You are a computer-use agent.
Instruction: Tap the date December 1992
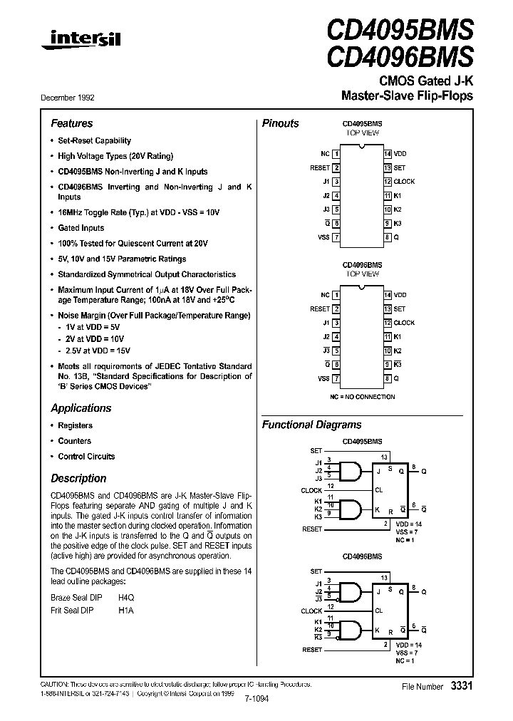72,96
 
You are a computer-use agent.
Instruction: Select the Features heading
71,123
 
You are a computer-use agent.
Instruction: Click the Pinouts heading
281,123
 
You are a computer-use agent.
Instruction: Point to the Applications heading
81,408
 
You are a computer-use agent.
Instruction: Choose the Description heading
78,478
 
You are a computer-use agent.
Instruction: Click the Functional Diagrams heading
311,425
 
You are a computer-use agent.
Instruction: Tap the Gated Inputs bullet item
81,228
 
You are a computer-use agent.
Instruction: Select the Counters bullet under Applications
74,441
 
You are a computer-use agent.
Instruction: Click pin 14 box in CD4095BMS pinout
388,154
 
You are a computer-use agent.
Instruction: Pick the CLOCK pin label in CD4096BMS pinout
404,323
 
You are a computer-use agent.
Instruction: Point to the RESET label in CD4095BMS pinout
320,168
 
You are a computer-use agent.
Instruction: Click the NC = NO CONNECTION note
363,395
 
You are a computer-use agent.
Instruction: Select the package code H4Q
125,598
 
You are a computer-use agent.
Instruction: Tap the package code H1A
125,611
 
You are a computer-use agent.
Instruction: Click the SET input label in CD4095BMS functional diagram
316,451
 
